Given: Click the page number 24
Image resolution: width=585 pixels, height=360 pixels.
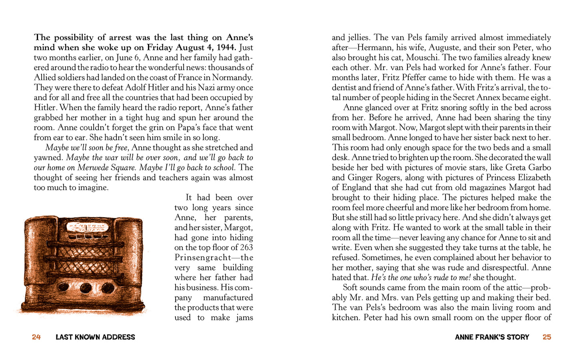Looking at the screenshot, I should coord(36,337).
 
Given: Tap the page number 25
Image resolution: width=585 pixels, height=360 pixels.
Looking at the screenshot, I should coord(547,337).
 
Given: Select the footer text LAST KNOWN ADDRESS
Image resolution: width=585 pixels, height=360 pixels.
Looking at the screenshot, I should coord(95,337).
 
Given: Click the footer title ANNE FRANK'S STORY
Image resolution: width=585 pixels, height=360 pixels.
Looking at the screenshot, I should coord(492,337).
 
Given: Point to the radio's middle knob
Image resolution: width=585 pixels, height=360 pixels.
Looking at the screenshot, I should coord(86,288).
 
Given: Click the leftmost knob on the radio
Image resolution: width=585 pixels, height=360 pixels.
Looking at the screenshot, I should coord(63,287).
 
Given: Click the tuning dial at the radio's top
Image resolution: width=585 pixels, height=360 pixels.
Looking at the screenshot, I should coord(87,227).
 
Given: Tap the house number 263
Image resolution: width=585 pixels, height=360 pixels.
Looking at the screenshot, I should coord(246,248).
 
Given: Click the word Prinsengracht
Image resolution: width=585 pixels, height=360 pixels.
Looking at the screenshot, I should coord(203,258).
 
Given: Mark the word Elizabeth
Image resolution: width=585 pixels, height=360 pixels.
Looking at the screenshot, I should coord(531,178).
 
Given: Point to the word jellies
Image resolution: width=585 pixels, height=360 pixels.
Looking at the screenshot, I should coord(358,38).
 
